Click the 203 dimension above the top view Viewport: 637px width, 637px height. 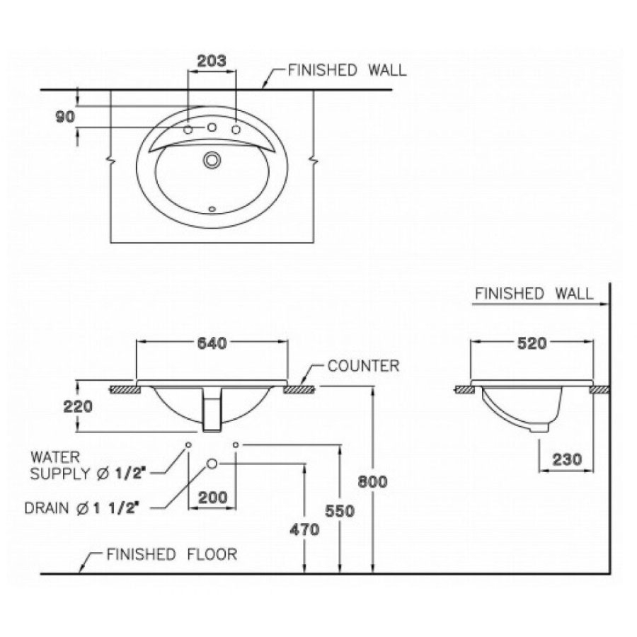coord(212,61)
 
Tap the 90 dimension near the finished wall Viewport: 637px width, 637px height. coord(65,117)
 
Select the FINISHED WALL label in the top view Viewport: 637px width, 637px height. coord(347,70)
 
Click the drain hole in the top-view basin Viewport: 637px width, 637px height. coord(211,160)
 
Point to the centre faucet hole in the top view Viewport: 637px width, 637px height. coord(211,127)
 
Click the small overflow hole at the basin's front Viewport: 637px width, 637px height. coord(211,209)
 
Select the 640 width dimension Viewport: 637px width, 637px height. coord(212,343)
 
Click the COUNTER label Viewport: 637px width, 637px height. coord(363,367)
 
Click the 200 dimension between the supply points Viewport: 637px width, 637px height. coord(212,498)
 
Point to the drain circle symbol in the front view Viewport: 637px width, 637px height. coord(212,464)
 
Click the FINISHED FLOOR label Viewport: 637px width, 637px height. coord(171,555)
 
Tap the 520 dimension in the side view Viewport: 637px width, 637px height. coord(532,343)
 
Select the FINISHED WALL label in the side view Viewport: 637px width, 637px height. coord(534,294)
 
